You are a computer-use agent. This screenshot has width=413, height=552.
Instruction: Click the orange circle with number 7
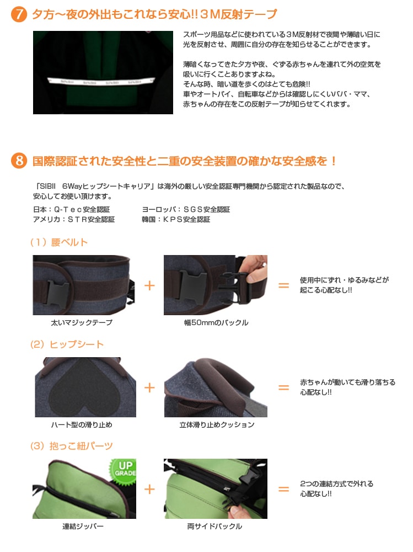click(x=19, y=14)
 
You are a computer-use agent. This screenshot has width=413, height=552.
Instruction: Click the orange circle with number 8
click(x=19, y=161)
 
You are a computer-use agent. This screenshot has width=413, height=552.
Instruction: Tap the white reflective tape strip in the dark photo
click(x=101, y=82)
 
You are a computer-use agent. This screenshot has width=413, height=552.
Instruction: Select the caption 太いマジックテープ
click(x=82, y=322)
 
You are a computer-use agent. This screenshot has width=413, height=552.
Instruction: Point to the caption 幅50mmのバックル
click(x=216, y=322)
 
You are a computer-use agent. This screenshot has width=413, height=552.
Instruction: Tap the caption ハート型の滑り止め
click(x=82, y=424)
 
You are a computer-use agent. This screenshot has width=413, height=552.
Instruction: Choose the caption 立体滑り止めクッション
click(x=217, y=424)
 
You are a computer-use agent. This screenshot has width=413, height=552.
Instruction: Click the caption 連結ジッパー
click(x=83, y=526)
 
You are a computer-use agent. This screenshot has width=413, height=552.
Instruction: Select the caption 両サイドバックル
click(x=214, y=526)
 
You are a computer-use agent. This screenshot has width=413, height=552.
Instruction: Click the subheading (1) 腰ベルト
click(x=59, y=242)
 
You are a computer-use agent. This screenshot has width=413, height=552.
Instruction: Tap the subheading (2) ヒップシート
click(x=67, y=344)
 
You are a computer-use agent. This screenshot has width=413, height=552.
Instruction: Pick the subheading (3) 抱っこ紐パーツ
click(x=72, y=446)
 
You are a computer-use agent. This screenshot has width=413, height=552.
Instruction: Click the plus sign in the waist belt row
click(x=149, y=285)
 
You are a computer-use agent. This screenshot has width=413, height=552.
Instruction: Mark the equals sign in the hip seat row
click(x=283, y=388)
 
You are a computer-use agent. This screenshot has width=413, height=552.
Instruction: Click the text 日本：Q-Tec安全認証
click(x=72, y=209)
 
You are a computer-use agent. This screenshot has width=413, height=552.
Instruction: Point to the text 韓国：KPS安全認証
click(x=176, y=219)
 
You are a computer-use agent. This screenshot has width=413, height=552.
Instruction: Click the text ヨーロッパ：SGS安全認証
click(x=186, y=209)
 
